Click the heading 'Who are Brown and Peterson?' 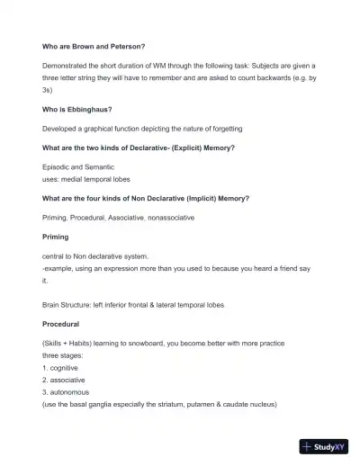94,47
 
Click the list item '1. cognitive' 60,368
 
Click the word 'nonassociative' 170,217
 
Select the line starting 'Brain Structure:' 132,305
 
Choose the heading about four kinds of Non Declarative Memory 146,198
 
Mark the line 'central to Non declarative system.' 95,256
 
